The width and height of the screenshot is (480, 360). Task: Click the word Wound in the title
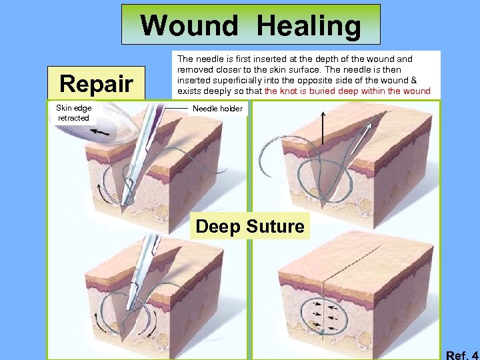click(189, 26)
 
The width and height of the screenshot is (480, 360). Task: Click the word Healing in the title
click(308, 26)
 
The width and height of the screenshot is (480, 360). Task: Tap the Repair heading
click(97, 84)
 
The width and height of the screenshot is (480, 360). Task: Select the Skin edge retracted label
click(73, 113)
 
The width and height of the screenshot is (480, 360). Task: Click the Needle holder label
click(217, 109)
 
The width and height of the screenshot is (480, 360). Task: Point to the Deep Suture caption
click(250, 227)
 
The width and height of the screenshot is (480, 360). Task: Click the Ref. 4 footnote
click(461, 355)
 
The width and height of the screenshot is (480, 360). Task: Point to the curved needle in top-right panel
click(275, 150)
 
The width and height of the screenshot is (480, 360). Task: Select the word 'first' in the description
click(233, 59)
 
